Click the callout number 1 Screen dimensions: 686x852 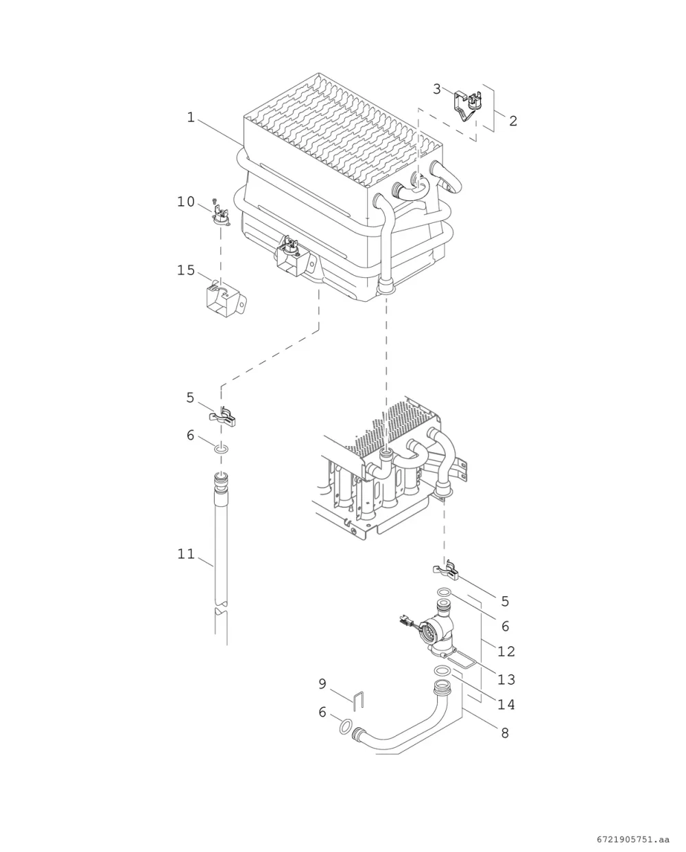point(191,117)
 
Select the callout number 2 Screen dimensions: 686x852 point(513,121)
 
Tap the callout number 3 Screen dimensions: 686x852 point(436,89)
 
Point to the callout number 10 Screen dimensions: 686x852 point(186,202)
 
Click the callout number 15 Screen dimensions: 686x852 point(186,270)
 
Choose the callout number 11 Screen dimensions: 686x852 point(186,554)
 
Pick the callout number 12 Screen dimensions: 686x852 point(506,651)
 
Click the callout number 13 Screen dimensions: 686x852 point(506,679)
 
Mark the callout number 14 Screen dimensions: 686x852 point(506,705)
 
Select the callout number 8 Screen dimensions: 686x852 point(505,733)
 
